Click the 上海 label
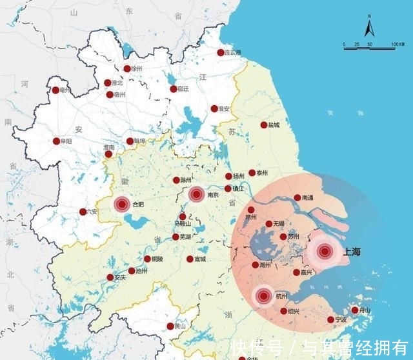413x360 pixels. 354,252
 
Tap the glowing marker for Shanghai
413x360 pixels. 325,252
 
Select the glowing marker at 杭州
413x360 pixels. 263,296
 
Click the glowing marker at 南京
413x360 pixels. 197,193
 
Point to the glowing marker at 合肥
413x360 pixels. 121,205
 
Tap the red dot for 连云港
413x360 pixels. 221,52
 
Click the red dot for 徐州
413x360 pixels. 127,68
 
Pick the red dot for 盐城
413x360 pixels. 263,125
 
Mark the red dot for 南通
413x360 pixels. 297,198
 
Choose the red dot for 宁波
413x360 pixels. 330,319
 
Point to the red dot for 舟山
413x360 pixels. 354,310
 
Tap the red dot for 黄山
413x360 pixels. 170,326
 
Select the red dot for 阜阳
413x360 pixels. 56,141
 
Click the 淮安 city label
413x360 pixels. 224,108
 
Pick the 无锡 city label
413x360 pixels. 278,224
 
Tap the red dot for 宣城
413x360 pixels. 190,259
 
